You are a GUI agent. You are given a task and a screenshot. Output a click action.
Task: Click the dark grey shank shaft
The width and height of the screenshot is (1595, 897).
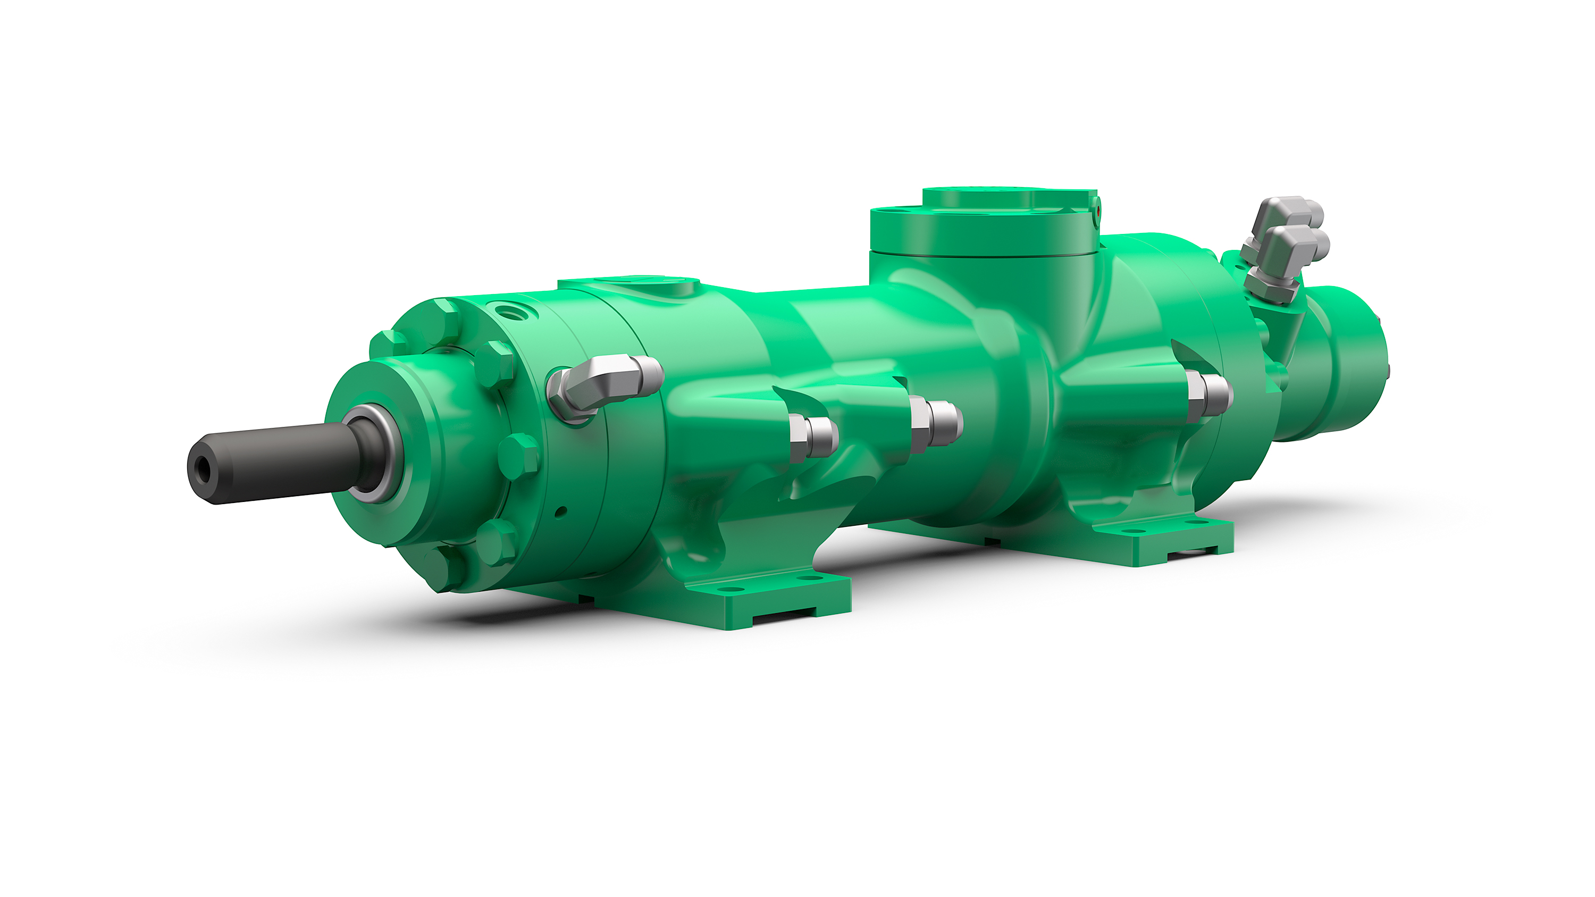pos(279,458)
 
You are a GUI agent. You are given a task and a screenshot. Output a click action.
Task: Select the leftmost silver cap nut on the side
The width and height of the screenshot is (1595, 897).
pos(812,437)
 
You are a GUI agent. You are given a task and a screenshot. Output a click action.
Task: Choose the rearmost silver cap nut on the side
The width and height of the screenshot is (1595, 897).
pos(1208,395)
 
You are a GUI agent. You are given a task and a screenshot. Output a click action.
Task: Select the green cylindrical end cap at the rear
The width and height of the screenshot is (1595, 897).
pos(1344,365)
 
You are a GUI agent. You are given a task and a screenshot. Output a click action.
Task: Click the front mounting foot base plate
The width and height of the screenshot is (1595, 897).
pos(774,603)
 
